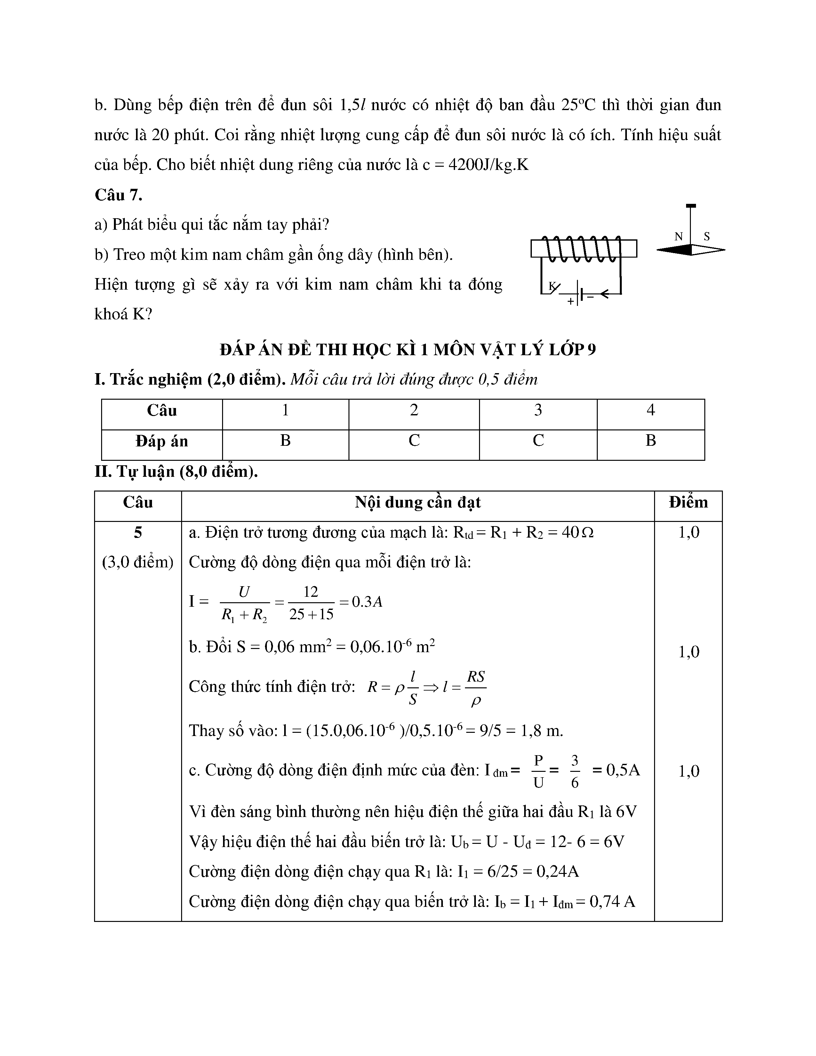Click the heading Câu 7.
(118, 195)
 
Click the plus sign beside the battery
(571, 301)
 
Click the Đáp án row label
(162, 441)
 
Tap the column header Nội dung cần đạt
(418, 502)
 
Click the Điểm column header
(688, 502)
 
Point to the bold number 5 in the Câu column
(138, 533)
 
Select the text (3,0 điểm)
(138, 562)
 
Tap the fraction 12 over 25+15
(311, 603)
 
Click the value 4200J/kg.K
(488, 165)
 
